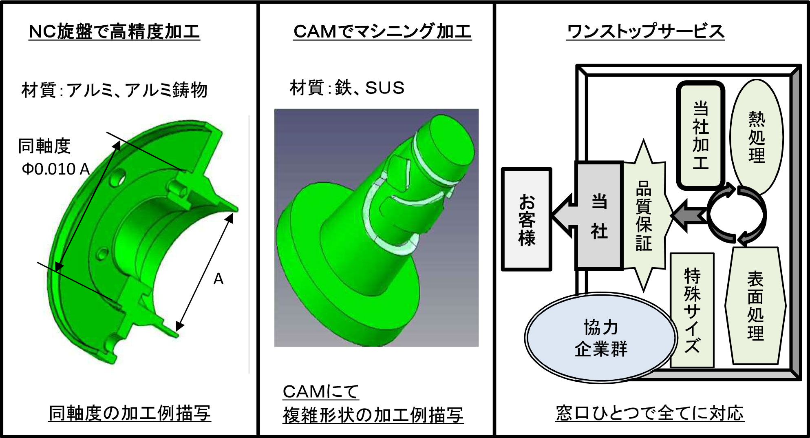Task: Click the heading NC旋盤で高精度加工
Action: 114,31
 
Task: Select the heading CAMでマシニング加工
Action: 382,31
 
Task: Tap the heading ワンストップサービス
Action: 646,31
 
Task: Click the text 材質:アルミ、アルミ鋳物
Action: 114,90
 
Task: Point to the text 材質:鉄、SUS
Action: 347,88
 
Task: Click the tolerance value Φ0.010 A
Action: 56,169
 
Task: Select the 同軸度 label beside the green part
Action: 44,146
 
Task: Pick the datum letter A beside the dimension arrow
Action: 219,279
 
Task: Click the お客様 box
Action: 527,219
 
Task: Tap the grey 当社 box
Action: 599,215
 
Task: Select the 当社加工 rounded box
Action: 701,135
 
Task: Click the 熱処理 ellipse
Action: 757,137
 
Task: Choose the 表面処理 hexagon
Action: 755,306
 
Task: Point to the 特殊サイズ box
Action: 692,310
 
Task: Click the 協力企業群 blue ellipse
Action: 600,338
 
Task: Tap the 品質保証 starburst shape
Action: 644,215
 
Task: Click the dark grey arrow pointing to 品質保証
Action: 689,216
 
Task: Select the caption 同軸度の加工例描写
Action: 130,413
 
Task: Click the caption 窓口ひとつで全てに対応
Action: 650,413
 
